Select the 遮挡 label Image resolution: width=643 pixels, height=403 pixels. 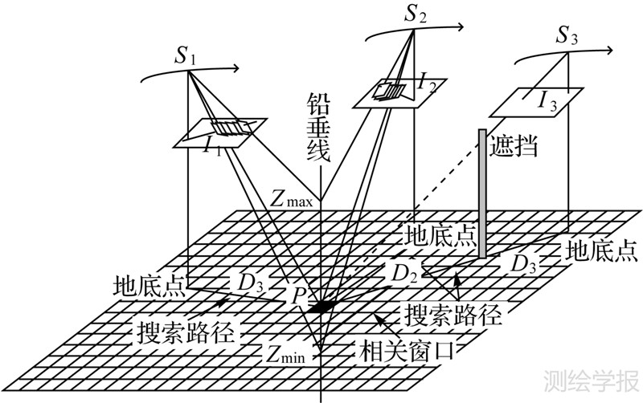click(515, 146)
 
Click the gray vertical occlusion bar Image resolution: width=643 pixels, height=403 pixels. click(482, 193)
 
